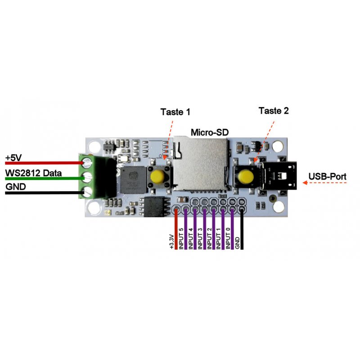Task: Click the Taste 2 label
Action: [274, 110]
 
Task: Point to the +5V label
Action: [14, 158]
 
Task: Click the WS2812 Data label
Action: [34, 173]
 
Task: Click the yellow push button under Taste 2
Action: [245, 176]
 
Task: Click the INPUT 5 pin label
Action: [181, 238]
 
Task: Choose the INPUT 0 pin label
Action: [228, 238]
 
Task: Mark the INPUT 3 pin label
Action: [200, 238]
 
